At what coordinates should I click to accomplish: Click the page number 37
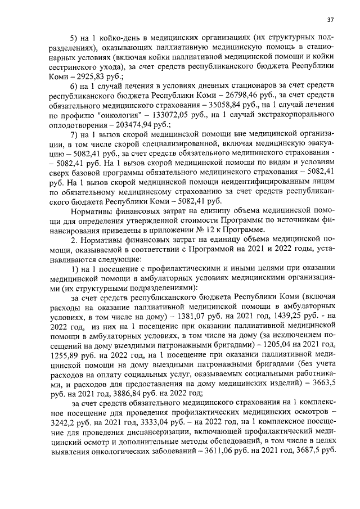point(331,21)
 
